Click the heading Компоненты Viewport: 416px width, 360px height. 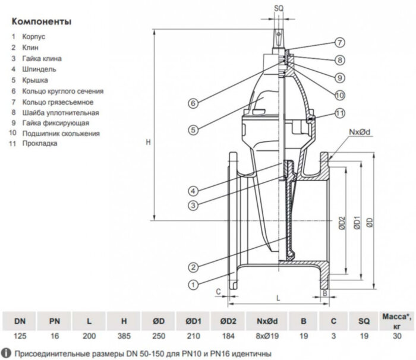[x=41, y=21]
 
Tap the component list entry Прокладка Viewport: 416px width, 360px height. [x=41, y=144]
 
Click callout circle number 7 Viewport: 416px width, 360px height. [x=339, y=43]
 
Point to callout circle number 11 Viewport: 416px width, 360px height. [x=339, y=113]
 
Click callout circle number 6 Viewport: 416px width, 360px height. [x=193, y=103]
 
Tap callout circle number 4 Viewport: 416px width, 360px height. [x=193, y=191]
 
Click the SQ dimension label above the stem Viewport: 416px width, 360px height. [x=279, y=8]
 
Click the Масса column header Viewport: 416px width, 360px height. [x=393, y=321]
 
